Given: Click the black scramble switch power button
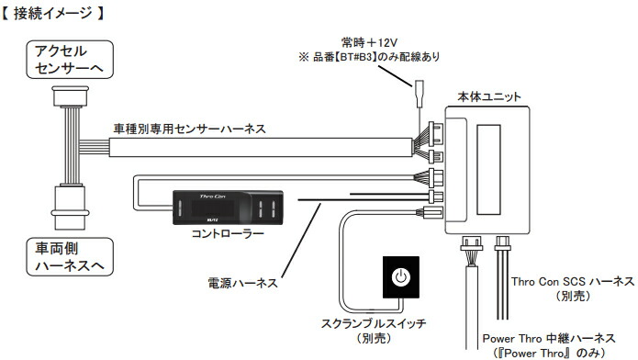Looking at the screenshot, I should [x=399, y=278].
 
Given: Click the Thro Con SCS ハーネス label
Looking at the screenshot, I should [x=572, y=282].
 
